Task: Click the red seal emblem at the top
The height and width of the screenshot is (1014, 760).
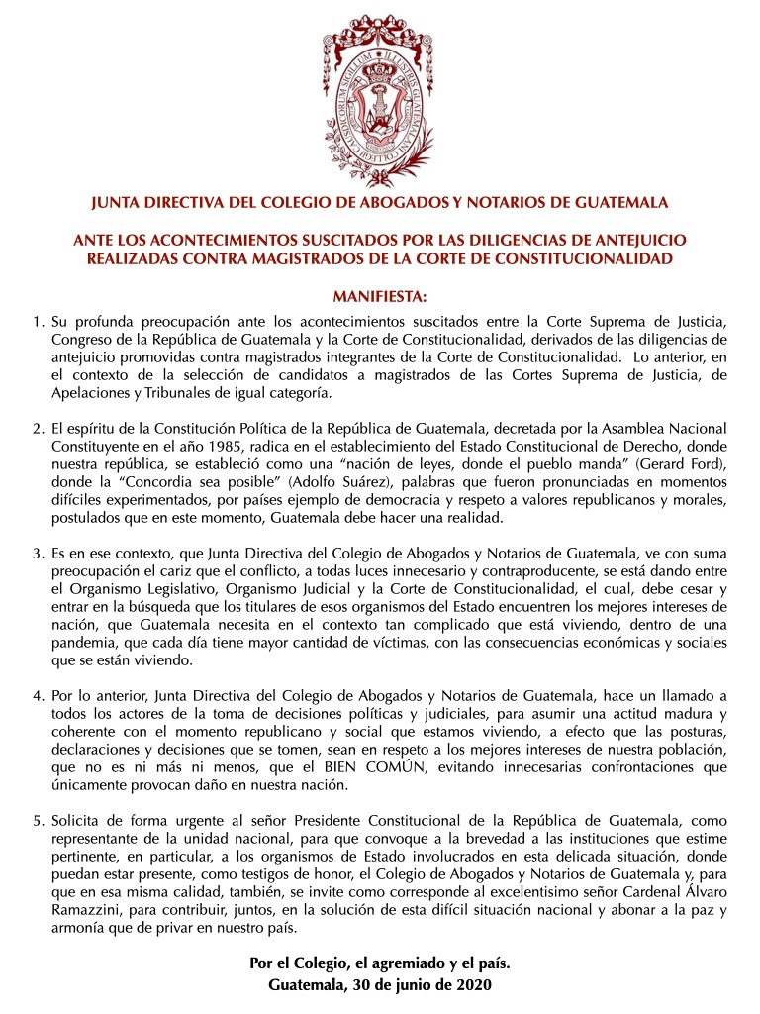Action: tap(380, 95)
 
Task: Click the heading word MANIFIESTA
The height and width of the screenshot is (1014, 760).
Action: tap(380, 296)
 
